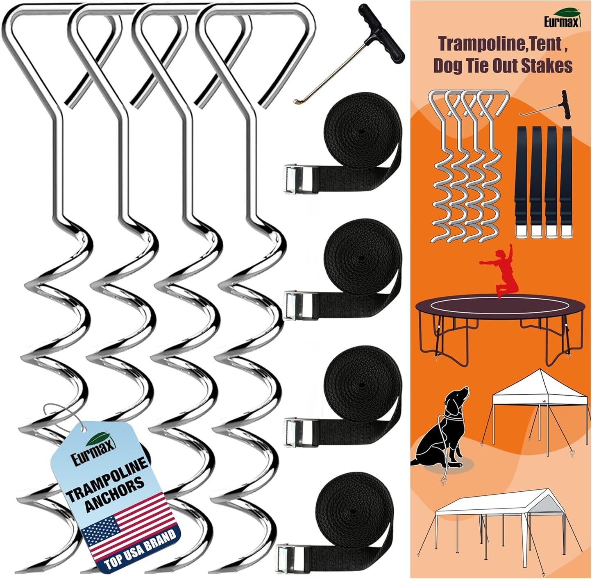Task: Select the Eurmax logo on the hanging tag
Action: click(x=92, y=449)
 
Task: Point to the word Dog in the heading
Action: click(x=450, y=66)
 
